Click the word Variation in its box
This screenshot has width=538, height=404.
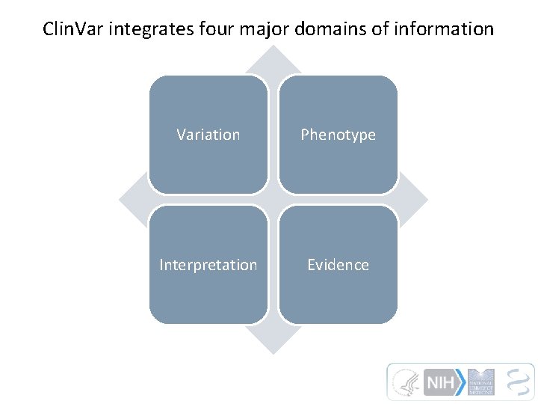coord(208,135)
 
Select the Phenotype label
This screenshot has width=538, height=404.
coord(338,135)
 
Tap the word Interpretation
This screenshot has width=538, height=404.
coord(208,265)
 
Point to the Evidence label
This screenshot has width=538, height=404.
coord(338,265)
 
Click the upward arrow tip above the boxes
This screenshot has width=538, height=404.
coord(273,55)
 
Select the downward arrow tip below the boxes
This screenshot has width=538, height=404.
coord(273,345)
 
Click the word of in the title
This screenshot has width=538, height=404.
coord(378,29)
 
